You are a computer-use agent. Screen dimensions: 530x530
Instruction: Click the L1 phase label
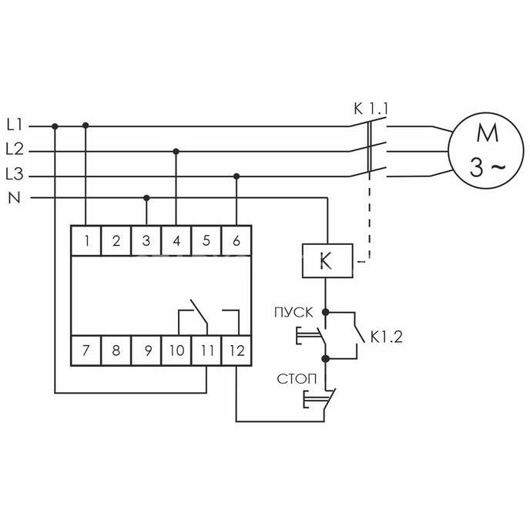tap(15, 126)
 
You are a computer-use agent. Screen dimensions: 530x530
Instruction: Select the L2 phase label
tap(15, 149)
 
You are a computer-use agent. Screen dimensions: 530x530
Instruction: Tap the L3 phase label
tap(15, 174)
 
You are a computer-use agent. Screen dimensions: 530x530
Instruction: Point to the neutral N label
tap(14, 198)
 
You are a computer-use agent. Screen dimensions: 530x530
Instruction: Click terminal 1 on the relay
tap(86, 240)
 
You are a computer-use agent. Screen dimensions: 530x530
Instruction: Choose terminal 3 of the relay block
tap(146, 240)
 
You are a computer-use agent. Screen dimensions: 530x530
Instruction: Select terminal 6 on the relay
tap(236, 240)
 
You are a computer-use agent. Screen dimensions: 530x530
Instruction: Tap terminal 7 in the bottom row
tap(86, 351)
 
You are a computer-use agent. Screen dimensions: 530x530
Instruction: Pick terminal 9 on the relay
tap(146, 351)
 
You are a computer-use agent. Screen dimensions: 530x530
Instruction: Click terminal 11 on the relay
tap(206, 351)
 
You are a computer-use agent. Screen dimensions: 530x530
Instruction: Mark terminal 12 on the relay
tap(236, 351)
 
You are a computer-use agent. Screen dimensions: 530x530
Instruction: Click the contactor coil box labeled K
tap(327, 260)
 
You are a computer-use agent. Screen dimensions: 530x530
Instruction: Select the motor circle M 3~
tap(486, 150)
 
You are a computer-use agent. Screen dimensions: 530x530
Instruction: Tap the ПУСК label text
tap(294, 313)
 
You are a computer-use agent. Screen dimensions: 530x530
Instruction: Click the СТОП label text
tap(297, 379)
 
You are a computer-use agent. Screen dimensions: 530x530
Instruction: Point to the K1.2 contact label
tap(387, 337)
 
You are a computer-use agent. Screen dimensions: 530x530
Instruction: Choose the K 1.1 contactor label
tap(371, 109)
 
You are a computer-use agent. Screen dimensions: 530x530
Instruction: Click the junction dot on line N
tap(146, 198)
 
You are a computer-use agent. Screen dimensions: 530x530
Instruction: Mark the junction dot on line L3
tap(236, 176)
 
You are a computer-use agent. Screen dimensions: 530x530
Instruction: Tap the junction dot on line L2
tap(176, 152)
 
